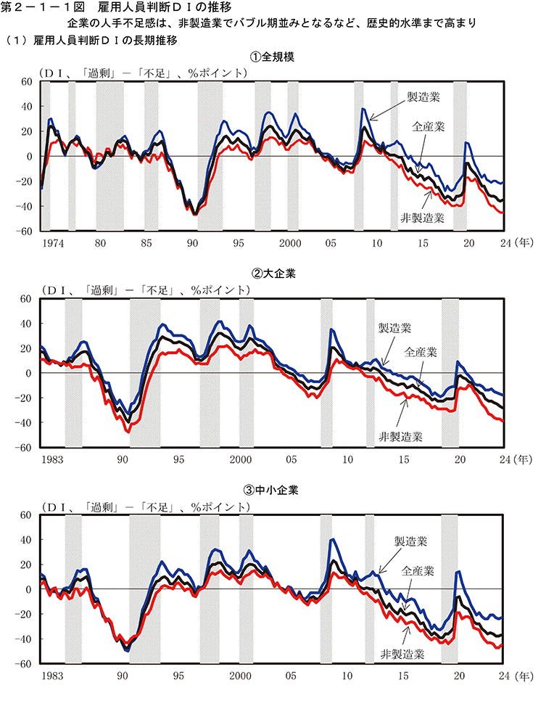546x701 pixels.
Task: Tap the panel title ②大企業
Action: [273, 274]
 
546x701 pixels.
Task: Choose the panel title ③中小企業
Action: [273, 490]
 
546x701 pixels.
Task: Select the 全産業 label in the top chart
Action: [429, 126]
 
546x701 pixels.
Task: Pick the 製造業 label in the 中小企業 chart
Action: [410, 541]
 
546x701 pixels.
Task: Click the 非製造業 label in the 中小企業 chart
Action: [402, 653]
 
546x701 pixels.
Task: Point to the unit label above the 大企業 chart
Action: [145, 290]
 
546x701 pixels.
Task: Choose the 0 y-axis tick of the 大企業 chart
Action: [29, 373]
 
